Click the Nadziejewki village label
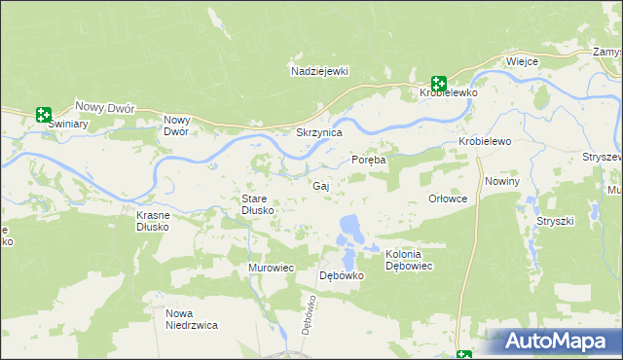(x=319, y=71)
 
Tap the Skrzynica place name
(x=319, y=132)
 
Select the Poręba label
(x=369, y=161)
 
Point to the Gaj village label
(x=320, y=185)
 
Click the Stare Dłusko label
(x=259, y=204)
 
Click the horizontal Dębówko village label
(x=342, y=275)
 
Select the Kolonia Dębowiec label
(x=409, y=260)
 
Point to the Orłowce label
(x=449, y=198)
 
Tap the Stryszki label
(x=555, y=221)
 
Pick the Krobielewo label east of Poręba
(x=485, y=142)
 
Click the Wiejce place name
(x=522, y=61)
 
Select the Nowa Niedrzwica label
(x=191, y=319)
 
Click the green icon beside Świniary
(x=43, y=115)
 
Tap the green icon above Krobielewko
(x=439, y=84)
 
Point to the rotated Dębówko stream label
(x=309, y=315)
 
